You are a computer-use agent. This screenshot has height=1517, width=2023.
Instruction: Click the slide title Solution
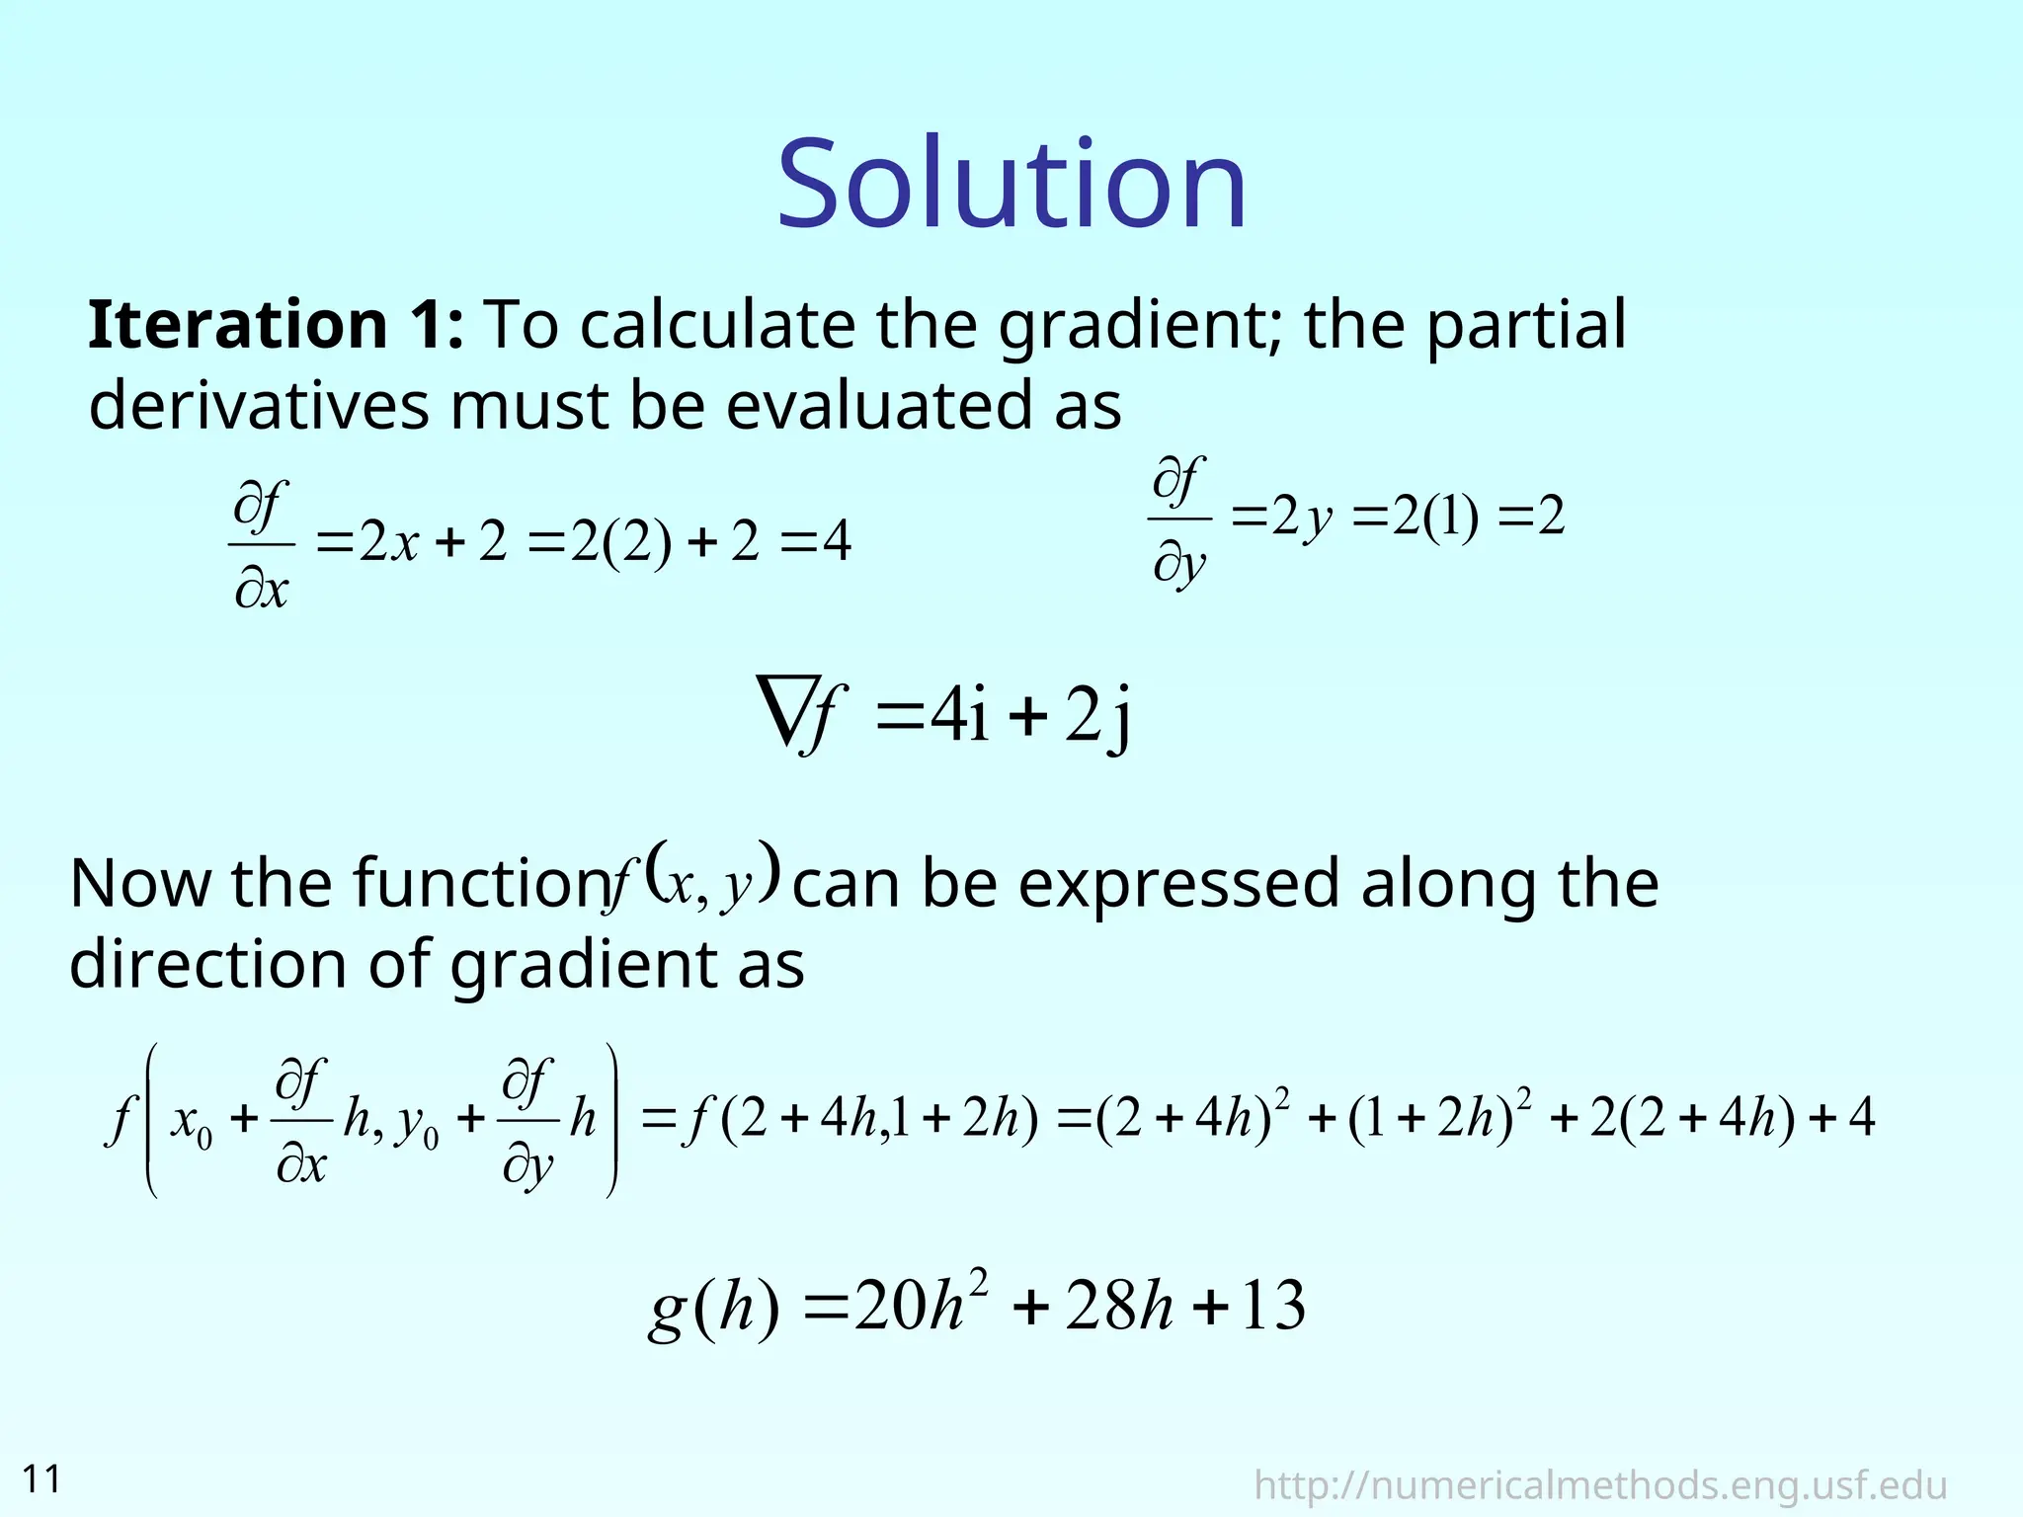click(1011, 186)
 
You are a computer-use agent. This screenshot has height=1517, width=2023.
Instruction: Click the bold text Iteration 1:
click(275, 325)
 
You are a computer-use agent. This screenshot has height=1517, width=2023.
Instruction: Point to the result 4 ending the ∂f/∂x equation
click(836, 541)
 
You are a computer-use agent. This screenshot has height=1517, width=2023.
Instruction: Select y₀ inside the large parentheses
click(416, 1125)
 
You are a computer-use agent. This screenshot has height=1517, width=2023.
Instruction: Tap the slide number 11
click(41, 1479)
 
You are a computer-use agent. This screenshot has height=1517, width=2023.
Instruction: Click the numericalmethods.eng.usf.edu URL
click(1600, 1485)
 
